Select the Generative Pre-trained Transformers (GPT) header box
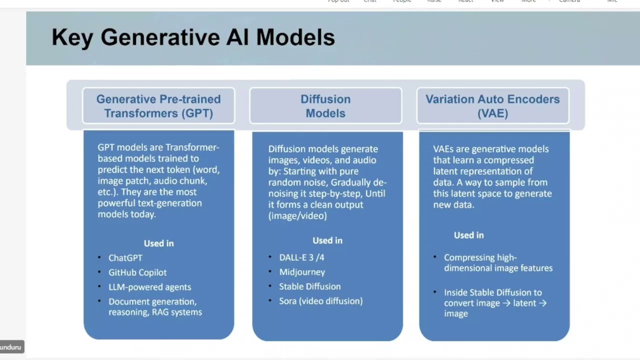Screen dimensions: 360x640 (158, 106)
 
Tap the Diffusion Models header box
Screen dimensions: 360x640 (325, 106)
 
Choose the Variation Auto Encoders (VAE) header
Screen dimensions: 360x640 (492, 106)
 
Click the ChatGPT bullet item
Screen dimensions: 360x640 (125, 258)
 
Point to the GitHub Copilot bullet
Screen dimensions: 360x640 (137, 272)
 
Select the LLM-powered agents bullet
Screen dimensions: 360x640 (149, 287)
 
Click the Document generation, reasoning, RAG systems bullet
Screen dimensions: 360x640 (155, 307)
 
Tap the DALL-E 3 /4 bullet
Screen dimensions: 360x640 (301, 257)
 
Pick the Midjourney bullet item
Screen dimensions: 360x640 (302, 272)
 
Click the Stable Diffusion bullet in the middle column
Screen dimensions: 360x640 (309, 286)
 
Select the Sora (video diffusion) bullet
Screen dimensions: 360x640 (320, 301)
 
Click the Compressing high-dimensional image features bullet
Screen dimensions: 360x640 (498, 263)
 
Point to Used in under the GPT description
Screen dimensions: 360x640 (158, 243)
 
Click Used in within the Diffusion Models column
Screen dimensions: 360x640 (327, 240)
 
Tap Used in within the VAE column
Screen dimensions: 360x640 (468, 235)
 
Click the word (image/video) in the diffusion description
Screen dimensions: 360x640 (297, 216)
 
